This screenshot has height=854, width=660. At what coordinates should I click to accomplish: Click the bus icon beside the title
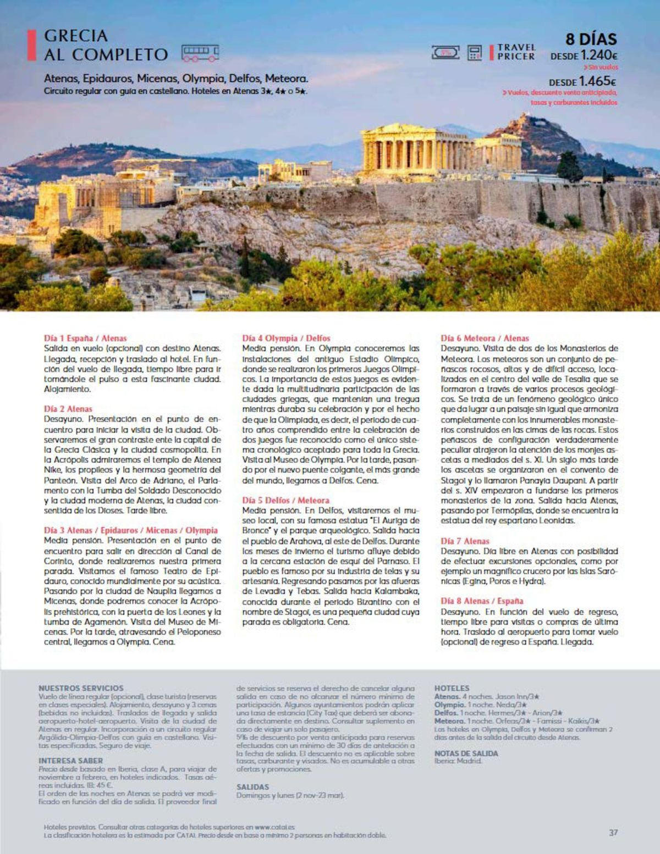pos(200,53)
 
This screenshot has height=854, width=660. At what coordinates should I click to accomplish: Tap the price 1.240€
pos(599,56)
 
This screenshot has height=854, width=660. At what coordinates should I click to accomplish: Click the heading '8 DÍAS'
pos(591,40)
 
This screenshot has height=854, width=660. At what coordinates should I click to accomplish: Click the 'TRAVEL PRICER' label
pos(515,52)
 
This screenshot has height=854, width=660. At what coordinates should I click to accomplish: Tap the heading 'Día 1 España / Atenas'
pos(85,339)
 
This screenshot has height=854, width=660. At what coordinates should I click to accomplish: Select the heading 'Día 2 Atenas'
pos(68,409)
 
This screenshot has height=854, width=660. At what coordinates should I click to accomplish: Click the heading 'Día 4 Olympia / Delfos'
pos(287,339)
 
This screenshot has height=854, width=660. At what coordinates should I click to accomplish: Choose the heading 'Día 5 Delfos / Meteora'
pos(286,501)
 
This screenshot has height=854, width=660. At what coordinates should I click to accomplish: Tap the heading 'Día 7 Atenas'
pos(465,541)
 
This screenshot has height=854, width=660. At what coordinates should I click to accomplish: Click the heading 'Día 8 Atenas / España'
pos(482,601)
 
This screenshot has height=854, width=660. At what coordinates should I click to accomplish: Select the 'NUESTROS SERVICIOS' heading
pos(81,688)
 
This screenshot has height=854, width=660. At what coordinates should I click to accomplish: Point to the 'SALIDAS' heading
pos(253,787)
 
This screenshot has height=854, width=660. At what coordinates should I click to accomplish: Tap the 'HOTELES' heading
pos(452,688)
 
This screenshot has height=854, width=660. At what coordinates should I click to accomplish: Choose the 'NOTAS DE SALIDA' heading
pos(466,753)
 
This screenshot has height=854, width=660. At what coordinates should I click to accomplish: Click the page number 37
pos(614,833)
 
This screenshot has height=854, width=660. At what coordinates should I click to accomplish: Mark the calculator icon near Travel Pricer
pos(474,53)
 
